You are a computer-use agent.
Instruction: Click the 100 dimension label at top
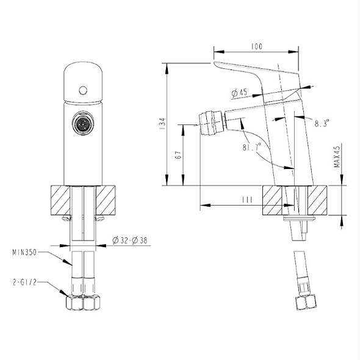click(257, 46)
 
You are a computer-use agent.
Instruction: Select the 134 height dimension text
click(162, 124)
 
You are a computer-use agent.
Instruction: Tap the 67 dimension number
click(178, 155)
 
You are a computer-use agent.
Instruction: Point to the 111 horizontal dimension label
click(248, 200)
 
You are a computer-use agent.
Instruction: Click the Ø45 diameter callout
click(239, 93)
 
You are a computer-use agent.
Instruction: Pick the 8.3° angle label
click(322, 123)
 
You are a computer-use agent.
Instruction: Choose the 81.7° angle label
click(252, 146)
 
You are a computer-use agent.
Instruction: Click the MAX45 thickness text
click(337, 157)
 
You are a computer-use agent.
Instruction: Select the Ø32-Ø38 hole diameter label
click(130, 240)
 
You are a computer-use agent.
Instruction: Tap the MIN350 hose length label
click(24, 253)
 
